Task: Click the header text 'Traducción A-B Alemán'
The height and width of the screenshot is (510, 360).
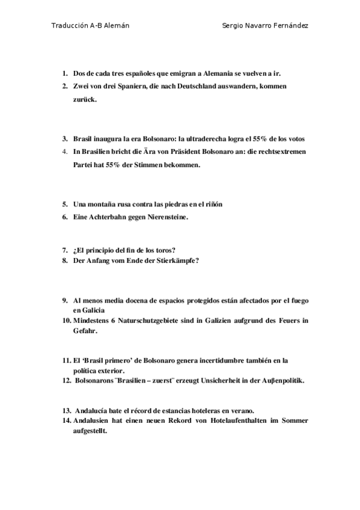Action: pyautogui.click(x=90, y=26)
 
